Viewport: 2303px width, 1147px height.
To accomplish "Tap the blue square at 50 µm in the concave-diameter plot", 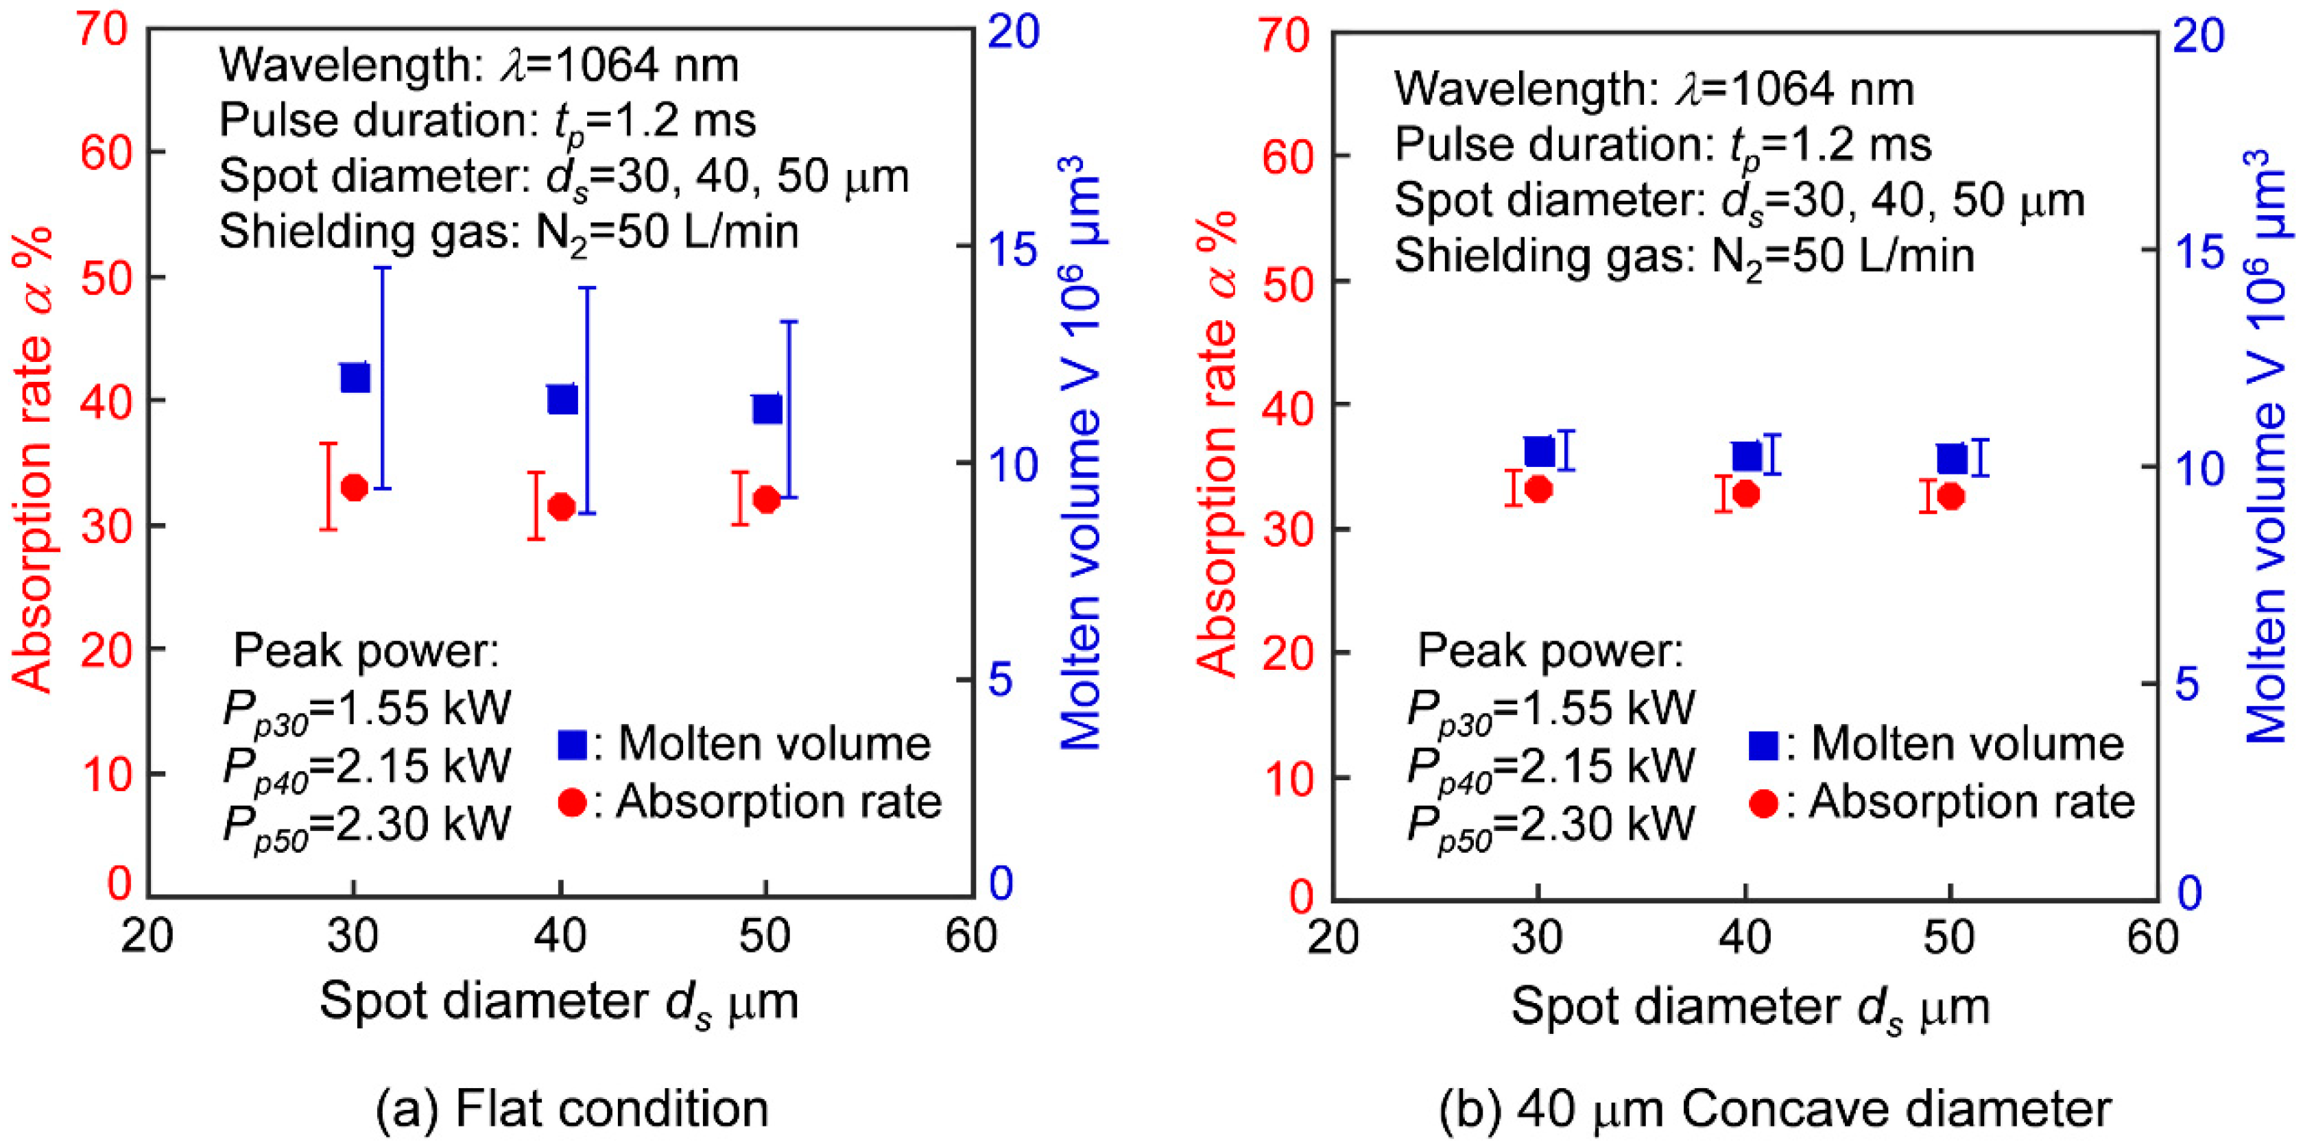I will click(x=1952, y=459).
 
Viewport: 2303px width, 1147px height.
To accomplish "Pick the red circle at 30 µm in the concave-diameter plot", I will click(x=1538, y=489).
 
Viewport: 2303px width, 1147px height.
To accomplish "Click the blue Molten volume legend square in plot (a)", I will click(x=572, y=745).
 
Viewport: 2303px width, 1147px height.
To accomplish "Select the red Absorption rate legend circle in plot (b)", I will click(x=1763, y=803).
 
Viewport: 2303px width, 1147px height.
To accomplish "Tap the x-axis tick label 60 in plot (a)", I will click(x=971, y=936).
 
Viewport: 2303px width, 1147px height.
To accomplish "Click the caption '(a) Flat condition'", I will click(x=572, y=1109).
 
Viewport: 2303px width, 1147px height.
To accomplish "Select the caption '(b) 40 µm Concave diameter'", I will click(x=1775, y=1109).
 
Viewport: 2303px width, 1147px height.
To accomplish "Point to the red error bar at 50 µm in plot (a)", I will click(x=739, y=497).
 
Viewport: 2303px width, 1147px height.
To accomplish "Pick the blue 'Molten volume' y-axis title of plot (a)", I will click(x=1082, y=452).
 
